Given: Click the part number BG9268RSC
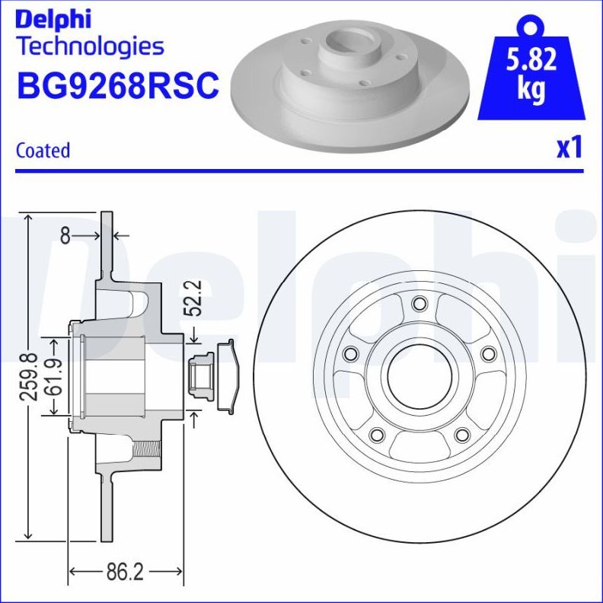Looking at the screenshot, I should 117,85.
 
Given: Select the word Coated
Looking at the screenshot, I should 43,150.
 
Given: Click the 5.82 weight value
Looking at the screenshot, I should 531,59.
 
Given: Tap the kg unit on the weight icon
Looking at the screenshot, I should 531,88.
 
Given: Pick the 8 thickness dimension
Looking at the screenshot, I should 65,236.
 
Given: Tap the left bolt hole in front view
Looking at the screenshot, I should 351,354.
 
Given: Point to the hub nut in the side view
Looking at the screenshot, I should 202,376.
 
